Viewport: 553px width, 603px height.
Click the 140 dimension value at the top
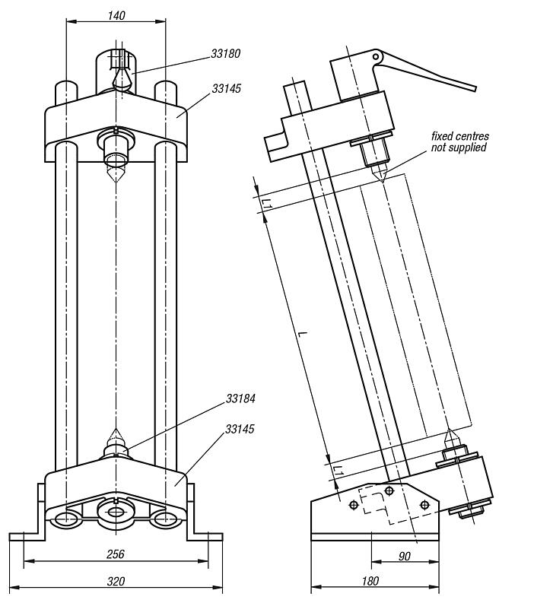point(116,14)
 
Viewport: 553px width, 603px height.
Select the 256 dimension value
point(115,554)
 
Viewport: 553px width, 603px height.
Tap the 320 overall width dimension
point(116,581)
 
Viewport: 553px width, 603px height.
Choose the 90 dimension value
point(405,556)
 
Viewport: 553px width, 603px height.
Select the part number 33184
point(240,398)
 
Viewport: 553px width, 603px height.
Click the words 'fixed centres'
point(459,136)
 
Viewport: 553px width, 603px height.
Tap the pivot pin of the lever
point(375,56)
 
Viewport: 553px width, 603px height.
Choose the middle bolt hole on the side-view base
point(389,490)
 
